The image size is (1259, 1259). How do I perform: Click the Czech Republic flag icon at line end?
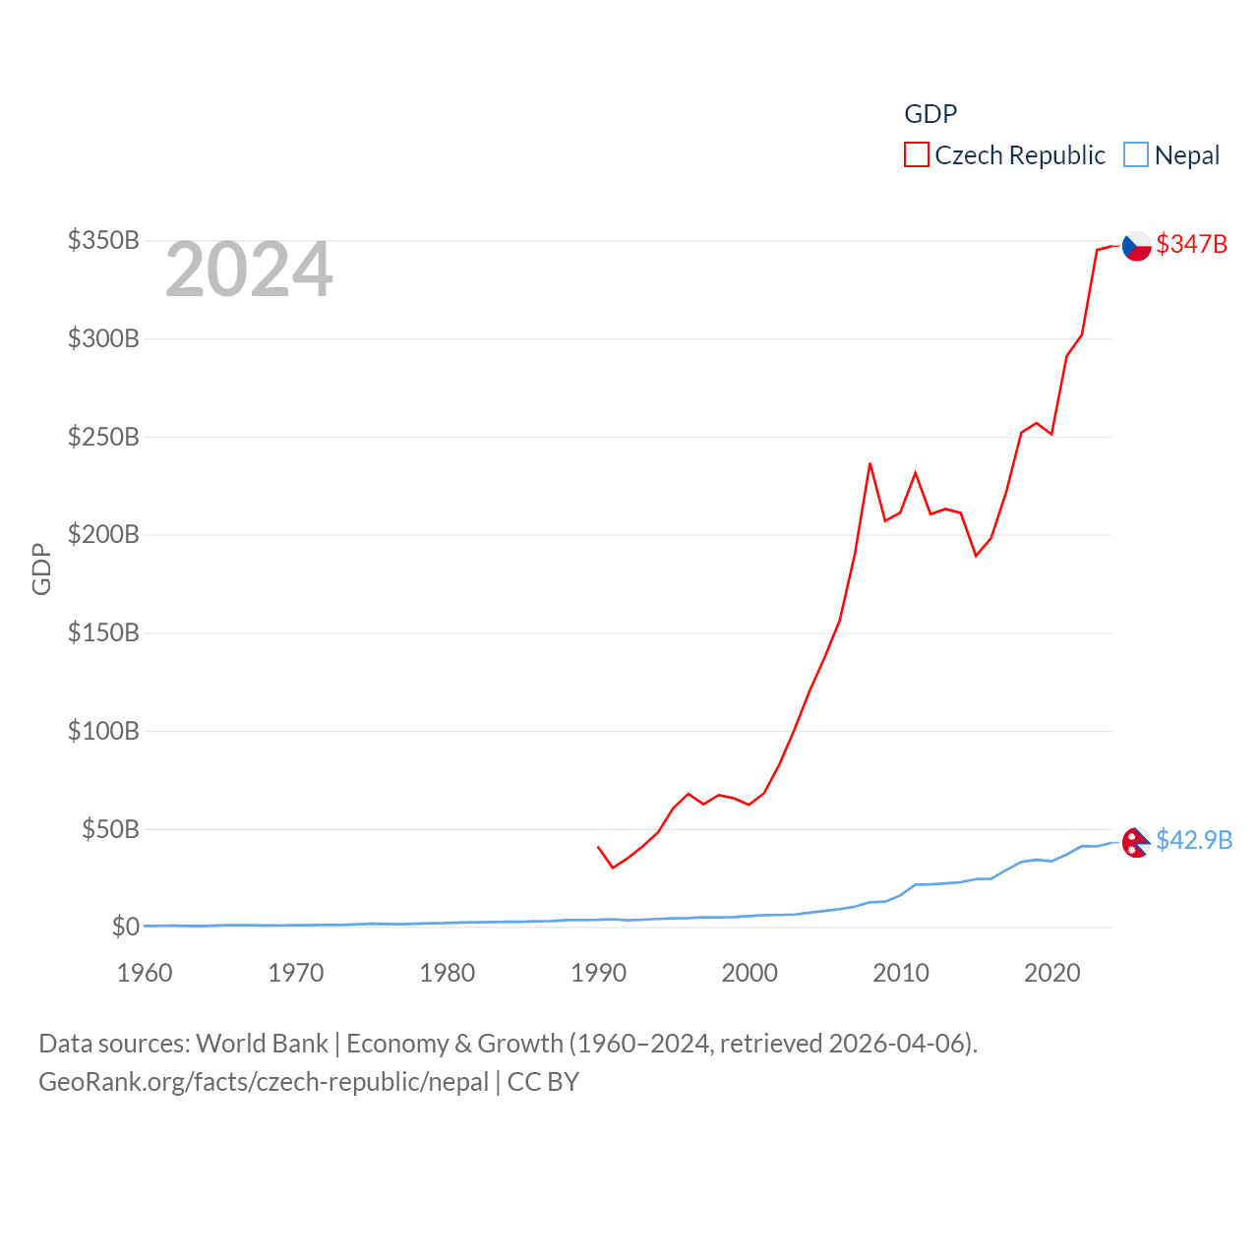point(1137,245)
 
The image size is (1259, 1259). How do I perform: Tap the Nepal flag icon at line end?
point(1136,842)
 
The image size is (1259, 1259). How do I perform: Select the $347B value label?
point(1191,244)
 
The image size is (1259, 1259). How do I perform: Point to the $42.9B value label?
point(1194,840)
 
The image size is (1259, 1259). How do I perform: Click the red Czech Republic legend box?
point(916,155)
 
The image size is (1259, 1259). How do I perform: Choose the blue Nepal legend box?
point(1136,155)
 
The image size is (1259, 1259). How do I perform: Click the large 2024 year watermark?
point(249,270)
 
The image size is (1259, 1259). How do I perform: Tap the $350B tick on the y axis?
point(103,240)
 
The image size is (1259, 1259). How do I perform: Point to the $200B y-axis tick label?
point(103,534)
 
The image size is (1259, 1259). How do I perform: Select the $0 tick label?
point(125,927)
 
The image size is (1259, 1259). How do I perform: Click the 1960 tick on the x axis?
point(145,973)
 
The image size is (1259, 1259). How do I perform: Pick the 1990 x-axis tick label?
point(598,973)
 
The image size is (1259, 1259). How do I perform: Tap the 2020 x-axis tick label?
point(1051,973)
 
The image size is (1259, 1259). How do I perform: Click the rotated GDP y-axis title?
point(41,569)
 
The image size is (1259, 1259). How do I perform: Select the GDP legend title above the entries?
point(930,114)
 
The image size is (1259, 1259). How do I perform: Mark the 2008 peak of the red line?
point(869,463)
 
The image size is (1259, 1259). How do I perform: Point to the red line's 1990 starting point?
point(598,847)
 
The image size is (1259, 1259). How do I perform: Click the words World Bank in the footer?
point(263,1043)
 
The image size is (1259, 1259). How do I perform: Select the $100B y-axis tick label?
point(103,731)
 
